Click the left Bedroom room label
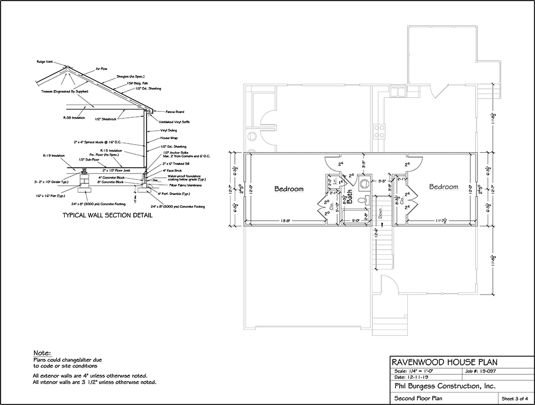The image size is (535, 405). coord(289,189)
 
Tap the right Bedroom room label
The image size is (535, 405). coord(443,187)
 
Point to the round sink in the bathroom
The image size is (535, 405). coord(364,183)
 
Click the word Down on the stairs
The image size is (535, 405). coord(381,213)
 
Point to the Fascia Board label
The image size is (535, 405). coord(175,112)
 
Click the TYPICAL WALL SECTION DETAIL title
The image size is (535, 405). coord(108,216)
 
